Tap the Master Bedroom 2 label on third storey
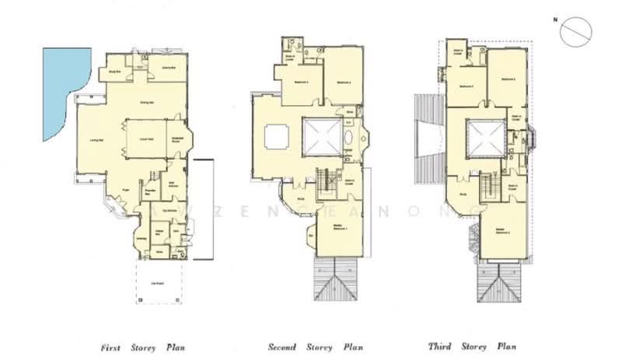coord(501,230)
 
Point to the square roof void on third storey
coord(484,138)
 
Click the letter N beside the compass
coord(555,18)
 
